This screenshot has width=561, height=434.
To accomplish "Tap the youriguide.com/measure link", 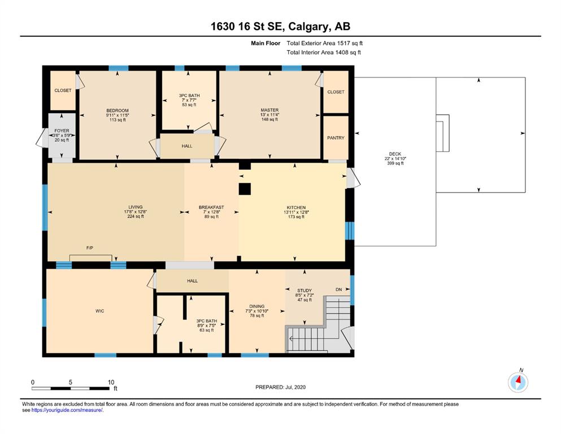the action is (67, 410).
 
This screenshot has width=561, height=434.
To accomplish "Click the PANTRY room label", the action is (336, 138).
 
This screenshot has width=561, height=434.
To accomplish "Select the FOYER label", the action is (62, 131).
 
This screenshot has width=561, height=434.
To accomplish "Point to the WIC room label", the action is (100, 311).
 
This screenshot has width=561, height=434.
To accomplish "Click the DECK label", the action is (395, 154).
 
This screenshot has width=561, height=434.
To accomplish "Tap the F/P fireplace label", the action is (90, 248).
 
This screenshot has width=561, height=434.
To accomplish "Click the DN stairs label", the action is (338, 289).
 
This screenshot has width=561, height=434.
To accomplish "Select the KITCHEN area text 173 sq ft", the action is (296, 216).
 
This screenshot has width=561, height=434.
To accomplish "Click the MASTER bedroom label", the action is (270, 110).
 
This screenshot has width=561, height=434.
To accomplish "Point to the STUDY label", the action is (305, 290).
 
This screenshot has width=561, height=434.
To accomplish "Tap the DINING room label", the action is (257, 306).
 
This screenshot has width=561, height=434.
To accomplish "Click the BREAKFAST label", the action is (211, 207).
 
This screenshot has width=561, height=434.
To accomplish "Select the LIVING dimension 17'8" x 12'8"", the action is (136, 212).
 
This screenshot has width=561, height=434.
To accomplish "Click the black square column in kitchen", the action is (245, 189).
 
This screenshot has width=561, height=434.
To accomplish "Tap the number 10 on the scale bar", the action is (111, 382).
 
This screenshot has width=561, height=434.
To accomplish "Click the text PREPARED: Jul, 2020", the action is (280, 387).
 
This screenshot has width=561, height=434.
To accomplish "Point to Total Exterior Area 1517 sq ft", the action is (324, 43).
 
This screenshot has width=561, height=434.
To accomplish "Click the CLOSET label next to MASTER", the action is (336, 92).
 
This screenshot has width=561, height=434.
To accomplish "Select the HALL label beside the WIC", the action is (192, 281).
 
